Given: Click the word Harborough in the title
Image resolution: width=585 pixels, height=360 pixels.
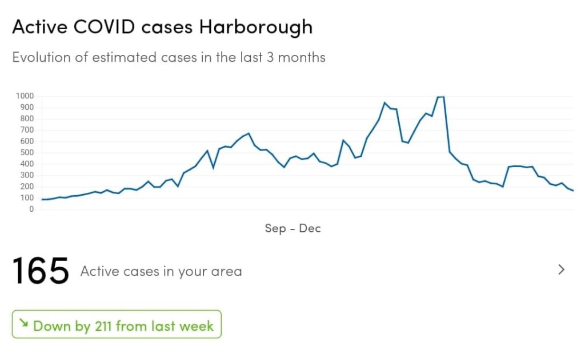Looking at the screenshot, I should (x=255, y=27).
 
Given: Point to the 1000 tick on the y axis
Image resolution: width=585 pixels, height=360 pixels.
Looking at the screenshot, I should (x=25, y=96).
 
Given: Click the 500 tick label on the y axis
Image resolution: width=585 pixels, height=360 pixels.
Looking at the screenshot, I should (x=27, y=152).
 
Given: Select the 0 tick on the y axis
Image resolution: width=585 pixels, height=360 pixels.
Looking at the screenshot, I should (x=31, y=209).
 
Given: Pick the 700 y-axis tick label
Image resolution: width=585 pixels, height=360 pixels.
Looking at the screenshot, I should (x=27, y=130).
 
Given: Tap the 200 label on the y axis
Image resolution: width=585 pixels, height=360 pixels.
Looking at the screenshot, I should (x=27, y=187).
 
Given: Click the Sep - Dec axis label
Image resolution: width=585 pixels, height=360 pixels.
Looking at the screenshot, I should (x=292, y=228).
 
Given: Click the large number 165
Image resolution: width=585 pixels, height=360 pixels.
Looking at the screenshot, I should (x=40, y=271).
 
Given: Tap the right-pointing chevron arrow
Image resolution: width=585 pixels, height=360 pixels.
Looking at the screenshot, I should (x=561, y=270).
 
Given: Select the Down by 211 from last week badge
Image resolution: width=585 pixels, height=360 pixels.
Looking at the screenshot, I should (x=117, y=325).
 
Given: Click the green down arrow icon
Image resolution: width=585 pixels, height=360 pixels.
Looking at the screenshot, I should (x=23, y=323).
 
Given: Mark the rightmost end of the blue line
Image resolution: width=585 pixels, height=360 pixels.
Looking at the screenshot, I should (x=572, y=191).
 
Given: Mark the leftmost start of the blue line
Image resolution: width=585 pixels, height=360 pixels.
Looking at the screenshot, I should (x=42, y=199).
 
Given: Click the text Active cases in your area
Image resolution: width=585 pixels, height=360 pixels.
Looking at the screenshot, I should (x=161, y=271).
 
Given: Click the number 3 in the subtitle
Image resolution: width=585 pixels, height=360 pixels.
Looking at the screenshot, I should (x=270, y=57).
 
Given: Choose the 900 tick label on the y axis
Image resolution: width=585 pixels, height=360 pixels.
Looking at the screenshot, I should (x=27, y=107).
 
